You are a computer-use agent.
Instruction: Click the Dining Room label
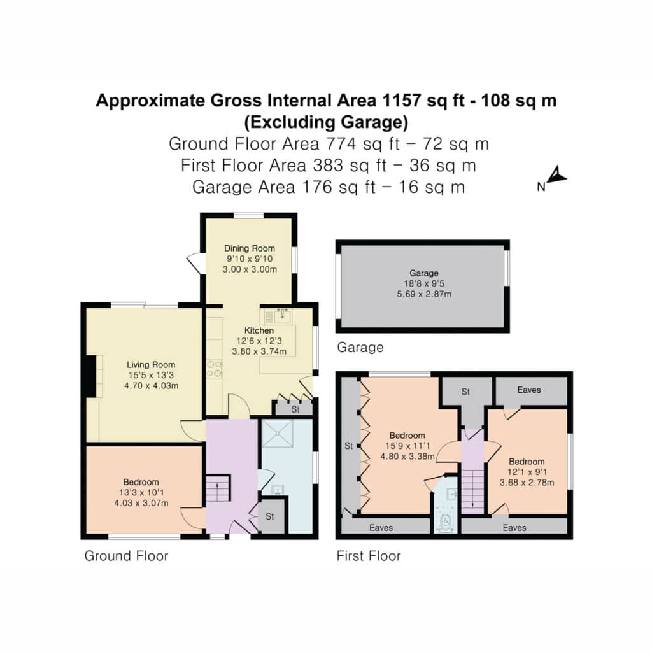[250, 248]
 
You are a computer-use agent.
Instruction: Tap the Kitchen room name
[259, 330]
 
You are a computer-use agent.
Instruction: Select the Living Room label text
[151, 365]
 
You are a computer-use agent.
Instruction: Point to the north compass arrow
[556, 175]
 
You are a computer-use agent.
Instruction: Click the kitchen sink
[282, 316]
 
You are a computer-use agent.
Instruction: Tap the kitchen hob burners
[215, 369]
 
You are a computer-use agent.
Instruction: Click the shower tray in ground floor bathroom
[278, 433]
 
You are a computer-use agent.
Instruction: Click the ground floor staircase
[218, 488]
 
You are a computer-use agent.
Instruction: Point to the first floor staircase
[473, 491]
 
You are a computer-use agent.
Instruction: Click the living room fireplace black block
[91, 376]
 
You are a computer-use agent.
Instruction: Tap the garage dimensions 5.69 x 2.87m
[424, 294]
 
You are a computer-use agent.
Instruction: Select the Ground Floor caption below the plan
[127, 556]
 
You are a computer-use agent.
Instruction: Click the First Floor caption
[369, 556]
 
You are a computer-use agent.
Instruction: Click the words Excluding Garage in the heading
[327, 122]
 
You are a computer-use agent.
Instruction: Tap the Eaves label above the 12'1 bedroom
[529, 390]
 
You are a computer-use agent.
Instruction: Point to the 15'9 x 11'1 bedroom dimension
[407, 446]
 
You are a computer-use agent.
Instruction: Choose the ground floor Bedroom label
[141, 483]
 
